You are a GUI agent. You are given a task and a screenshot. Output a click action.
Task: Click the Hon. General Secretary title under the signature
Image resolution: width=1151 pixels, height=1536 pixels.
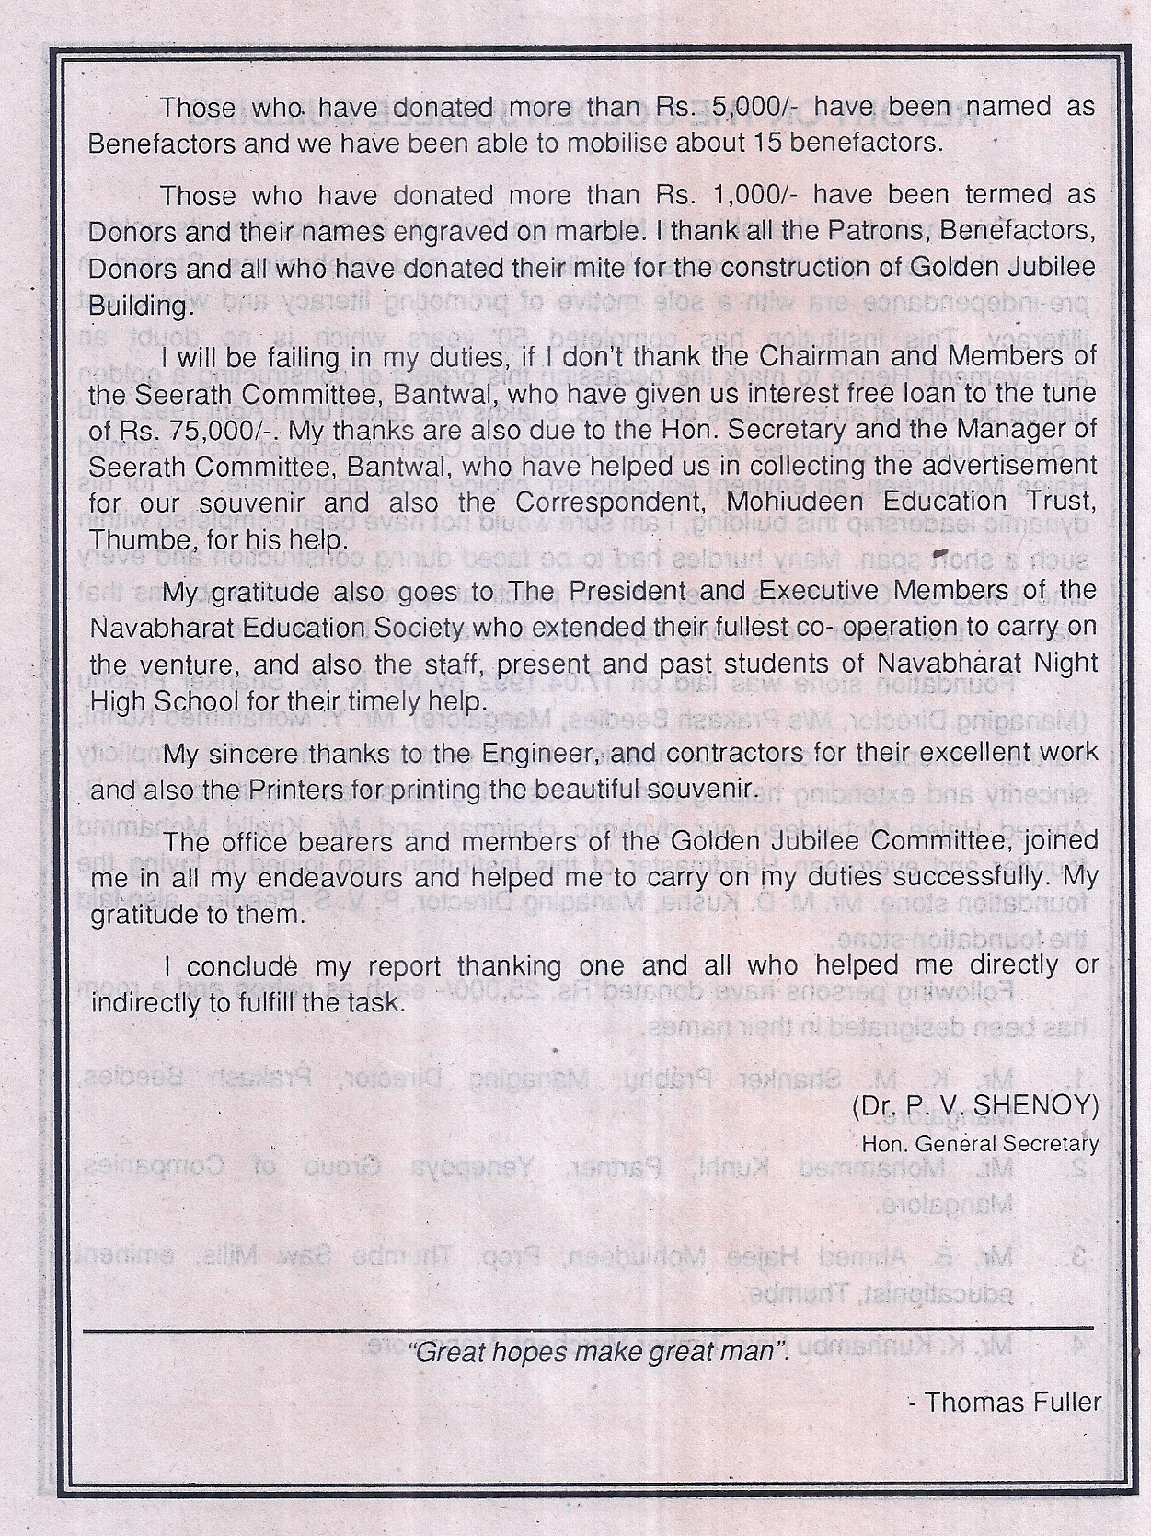point(979,1144)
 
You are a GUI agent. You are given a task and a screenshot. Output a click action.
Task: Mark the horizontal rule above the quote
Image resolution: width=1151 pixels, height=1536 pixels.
point(589,1329)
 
